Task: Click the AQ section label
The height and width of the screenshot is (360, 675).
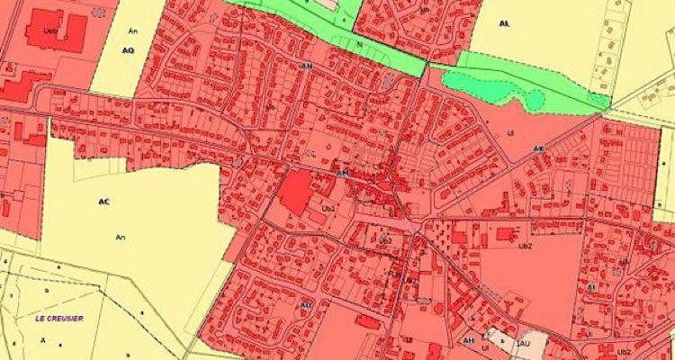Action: (128, 50)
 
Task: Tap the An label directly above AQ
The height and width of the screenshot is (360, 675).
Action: (132, 31)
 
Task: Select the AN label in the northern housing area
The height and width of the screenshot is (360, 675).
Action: (307, 66)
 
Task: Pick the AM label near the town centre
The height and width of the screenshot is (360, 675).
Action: (341, 172)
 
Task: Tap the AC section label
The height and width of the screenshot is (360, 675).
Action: (103, 202)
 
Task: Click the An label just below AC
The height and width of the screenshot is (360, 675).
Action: (120, 237)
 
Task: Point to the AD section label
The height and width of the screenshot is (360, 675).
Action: (306, 305)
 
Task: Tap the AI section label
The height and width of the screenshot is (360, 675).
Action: (591, 287)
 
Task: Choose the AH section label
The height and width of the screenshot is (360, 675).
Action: (469, 340)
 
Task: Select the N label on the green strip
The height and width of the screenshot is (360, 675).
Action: (359, 42)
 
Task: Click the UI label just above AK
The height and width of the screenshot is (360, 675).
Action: (510, 132)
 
